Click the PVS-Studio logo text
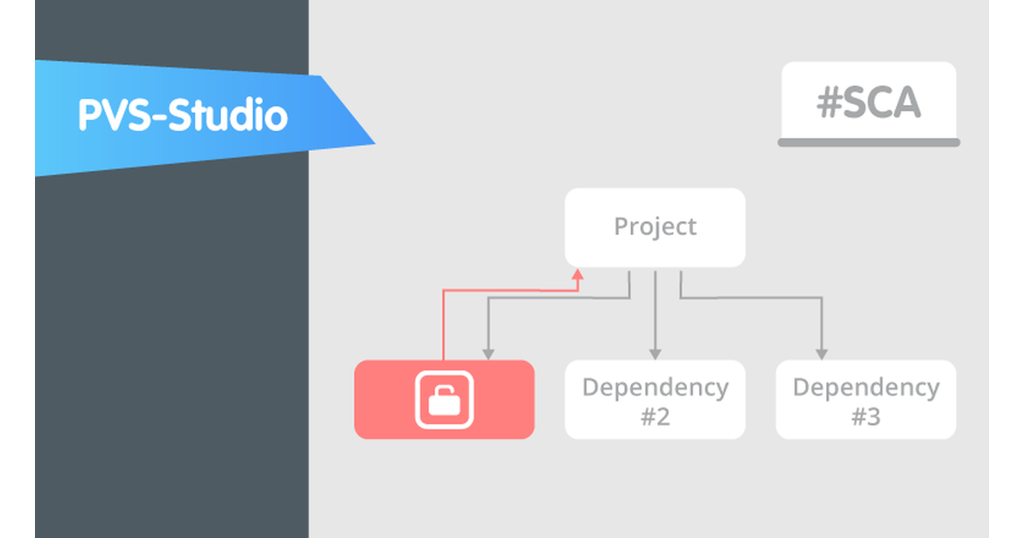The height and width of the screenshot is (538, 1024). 183,116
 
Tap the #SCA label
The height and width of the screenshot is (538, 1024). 869,103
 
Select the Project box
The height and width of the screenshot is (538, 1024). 655,227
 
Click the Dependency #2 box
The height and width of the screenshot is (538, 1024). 655,400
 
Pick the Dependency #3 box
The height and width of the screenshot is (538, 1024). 865,400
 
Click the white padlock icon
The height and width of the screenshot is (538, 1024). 444,400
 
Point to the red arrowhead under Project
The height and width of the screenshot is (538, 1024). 578,274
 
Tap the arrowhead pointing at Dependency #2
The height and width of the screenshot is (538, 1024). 655,354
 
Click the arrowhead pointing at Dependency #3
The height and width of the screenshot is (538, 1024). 821,354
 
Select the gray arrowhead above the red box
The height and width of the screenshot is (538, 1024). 487,354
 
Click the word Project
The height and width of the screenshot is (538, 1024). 655,227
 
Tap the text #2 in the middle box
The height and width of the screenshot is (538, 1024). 655,418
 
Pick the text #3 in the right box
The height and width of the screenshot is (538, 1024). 865,418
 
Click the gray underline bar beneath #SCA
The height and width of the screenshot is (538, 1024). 869,143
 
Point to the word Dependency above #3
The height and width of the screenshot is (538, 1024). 865,388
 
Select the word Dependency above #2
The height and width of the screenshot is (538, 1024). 655,388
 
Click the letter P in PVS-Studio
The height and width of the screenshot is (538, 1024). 88,116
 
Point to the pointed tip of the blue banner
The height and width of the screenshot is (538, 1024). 373,141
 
